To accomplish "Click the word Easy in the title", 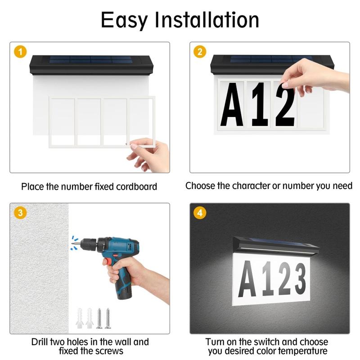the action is [x=124, y=20].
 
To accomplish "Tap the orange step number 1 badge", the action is [x=20, y=52].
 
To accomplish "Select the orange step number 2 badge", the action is [x=200, y=52].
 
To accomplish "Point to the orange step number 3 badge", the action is [x=20, y=212].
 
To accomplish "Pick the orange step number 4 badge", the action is [x=200, y=213].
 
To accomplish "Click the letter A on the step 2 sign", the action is [x=232, y=104].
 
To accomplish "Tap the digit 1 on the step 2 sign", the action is [x=260, y=104].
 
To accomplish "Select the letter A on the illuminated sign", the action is [x=247, y=279].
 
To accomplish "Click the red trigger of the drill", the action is [x=107, y=262].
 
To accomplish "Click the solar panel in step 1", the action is [x=91, y=60].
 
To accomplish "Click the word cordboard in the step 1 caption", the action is [x=137, y=187].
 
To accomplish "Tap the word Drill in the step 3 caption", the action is [x=40, y=342].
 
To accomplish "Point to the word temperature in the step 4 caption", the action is [x=303, y=351].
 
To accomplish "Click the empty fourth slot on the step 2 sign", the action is [x=310, y=104].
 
